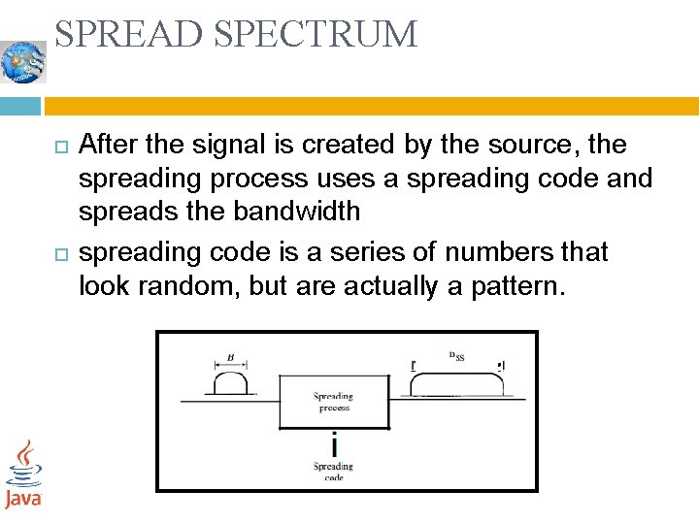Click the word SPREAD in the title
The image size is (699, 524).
click(130, 35)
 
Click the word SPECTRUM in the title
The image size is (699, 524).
click(316, 35)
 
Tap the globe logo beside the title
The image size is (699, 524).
click(23, 62)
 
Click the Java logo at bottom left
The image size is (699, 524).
click(23, 475)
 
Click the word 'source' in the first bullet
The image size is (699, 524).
click(532, 145)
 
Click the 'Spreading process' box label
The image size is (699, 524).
click(333, 402)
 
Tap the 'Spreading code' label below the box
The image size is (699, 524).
click(333, 472)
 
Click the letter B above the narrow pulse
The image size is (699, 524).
click(230, 357)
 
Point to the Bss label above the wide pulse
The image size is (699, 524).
click(456, 356)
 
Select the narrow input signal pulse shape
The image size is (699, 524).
click(230, 384)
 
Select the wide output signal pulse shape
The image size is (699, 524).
click(458, 384)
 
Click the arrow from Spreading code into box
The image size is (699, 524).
click(334, 443)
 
